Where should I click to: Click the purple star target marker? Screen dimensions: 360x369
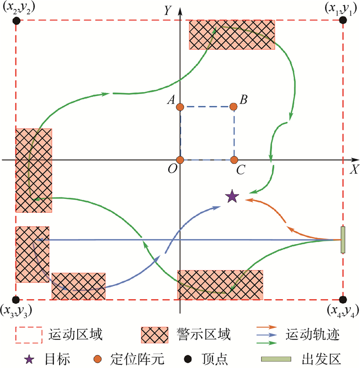[x=232, y=196]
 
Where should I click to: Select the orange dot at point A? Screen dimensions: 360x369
[x=180, y=107]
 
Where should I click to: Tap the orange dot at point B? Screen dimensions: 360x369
[x=233, y=107]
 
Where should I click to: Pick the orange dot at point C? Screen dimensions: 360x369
[x=234, y=160]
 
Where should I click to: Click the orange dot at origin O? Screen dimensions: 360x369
[x=180, y=160]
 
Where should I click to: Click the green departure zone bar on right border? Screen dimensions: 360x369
[x=343, y=240]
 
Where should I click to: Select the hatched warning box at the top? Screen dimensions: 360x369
[x=232, y=34]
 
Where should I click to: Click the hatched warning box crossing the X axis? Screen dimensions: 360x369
[x=33, y=170]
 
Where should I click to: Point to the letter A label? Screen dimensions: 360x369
[x=169, y=101]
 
